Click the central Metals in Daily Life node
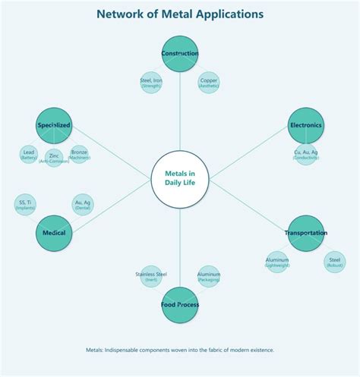(180, 179)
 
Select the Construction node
(180, 54)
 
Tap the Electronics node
(306, 125)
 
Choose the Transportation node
(306, 233)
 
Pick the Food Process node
(180, 305)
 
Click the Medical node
(54, 233)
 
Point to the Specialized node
(54, 125)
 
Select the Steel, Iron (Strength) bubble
(151, 83)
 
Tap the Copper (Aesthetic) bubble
(209, 83)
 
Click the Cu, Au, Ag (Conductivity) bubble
(306, 155)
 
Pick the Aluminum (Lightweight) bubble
(277, 262)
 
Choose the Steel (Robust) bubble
(335, 262)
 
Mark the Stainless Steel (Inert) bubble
(151, 276)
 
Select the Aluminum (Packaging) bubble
(209, 276)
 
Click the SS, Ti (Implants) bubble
(25, 204)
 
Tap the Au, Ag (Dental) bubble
(83, 204)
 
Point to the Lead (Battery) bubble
(29, 154)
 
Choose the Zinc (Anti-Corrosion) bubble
(54, 158)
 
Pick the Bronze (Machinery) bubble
(79, 154)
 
